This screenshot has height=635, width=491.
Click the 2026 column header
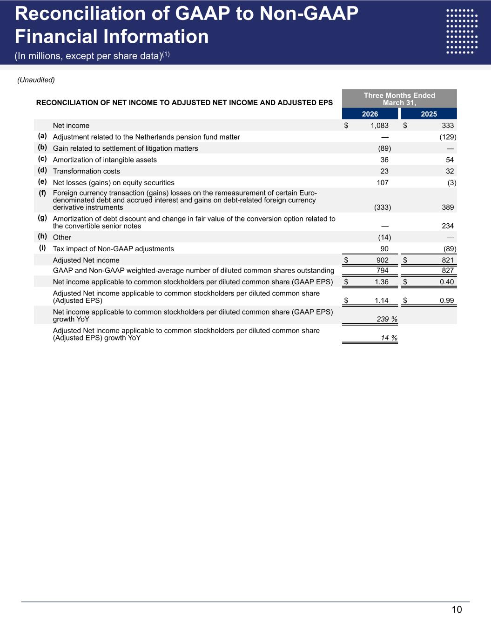click(370, 114)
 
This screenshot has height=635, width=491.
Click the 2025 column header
click(429, 114)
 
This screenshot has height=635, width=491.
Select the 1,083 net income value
click(379, 126)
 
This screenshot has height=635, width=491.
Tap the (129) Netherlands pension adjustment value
click(448, 137)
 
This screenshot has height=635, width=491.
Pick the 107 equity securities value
click(382, 183)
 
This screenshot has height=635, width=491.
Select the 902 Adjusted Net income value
click(382, 261)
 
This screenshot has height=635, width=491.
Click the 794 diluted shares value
click(382, 270)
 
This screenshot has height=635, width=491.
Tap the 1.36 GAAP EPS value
click(381, 282)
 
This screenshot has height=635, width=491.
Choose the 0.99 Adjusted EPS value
click(446, 301)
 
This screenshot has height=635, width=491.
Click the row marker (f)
click(42, 192)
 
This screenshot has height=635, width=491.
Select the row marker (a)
click(42, 136)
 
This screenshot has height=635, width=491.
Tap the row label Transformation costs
click(87, 171)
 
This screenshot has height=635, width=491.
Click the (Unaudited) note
click(36, 80)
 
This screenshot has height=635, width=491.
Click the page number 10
click(457, 610)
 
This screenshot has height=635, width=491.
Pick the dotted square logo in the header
click(462, 32)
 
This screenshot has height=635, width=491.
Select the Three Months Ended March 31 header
click(399, 99)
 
